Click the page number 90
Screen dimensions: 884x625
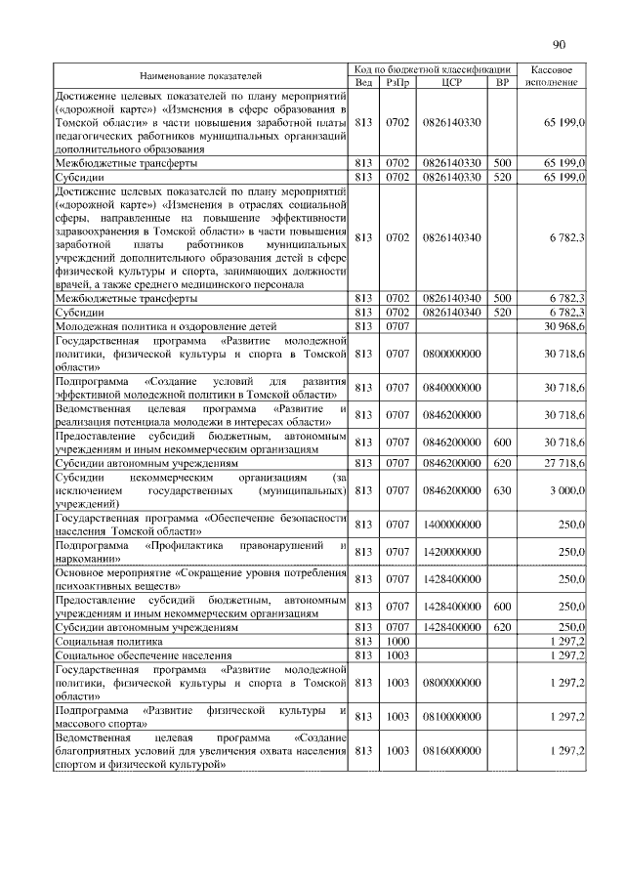click(x=559, y=44)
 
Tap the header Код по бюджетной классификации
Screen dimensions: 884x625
click(x=433, y=69)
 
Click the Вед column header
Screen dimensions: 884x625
click(x=364, y=82)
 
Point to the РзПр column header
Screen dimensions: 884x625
click(x=396, y=82)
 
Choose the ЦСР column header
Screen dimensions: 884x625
click(x=451, y=82)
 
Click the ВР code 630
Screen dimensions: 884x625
click(x=502, y=489)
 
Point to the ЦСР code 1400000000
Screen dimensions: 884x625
click(x=451, y=525)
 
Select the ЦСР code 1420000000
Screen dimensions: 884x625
click(x=451, y=552)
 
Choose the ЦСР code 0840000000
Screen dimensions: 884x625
click(x=451, y=388)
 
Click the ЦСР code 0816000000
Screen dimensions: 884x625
click(x=451, y=751)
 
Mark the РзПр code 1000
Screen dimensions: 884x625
click(x=396, y=640)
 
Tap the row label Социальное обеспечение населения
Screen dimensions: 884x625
click(x=131, y=653)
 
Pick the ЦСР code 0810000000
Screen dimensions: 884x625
click(x=451, y=716)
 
